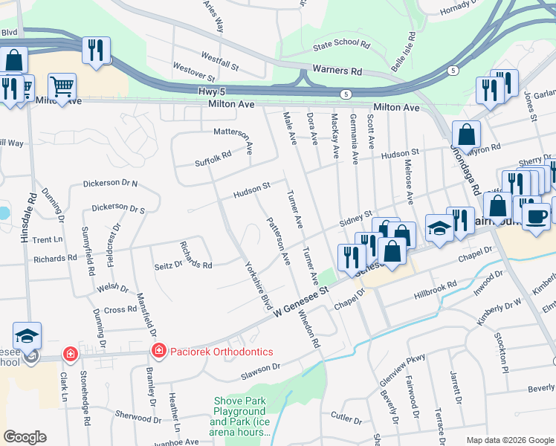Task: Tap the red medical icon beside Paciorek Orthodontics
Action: click(x=158, y=351)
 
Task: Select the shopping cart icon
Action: click(x=62, y=85)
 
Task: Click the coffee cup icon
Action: click(x=535, y=216)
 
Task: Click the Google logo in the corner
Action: click(x=25, y=437)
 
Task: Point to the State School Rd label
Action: click(x=341, y=45)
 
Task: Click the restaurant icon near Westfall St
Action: click(x=96, y=50)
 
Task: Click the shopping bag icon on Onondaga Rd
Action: click(x=466, y=135)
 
